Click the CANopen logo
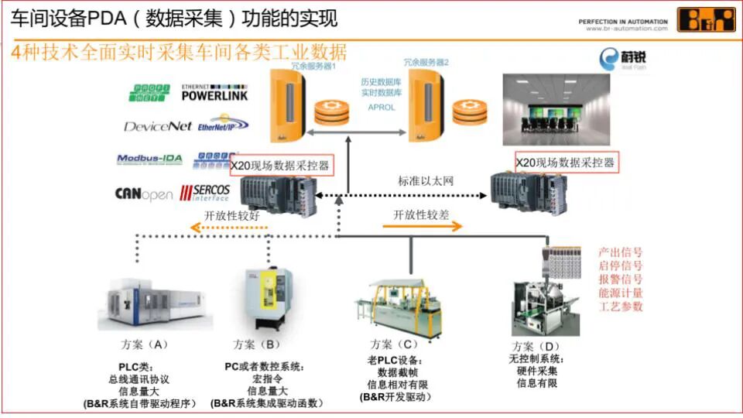pos(143,194)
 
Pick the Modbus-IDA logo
pos(149,159)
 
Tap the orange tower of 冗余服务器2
pos(426,111)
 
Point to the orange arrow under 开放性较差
pos(422,227)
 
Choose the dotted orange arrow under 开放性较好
pos(230,228)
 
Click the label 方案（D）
pos(536,345)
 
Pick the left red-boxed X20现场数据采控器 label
pos(281,165)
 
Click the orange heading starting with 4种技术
pos(180,53)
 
